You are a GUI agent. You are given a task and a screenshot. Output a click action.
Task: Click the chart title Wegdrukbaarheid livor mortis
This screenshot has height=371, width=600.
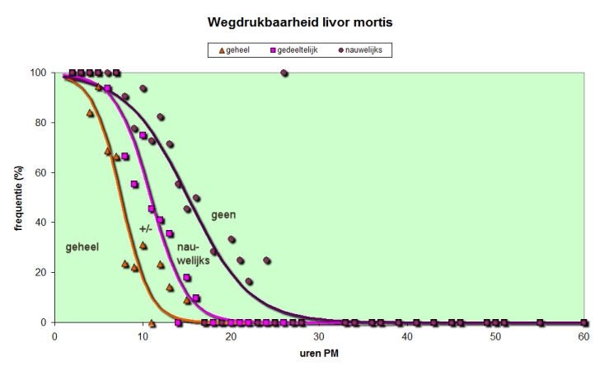pyautogui.click(x=299, y=22)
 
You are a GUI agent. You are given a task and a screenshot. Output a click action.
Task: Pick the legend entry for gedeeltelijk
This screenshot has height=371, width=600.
pyautogui.click(x=295, y=49)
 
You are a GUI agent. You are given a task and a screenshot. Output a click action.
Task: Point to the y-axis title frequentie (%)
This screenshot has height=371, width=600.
pyautogui.click(x=18, y=198)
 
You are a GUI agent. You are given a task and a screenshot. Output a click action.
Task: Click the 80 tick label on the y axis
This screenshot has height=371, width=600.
pyautogui.click(x=40, y=123)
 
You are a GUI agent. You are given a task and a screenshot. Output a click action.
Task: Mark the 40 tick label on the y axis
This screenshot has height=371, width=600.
pyautogui.click(x=40, y=223)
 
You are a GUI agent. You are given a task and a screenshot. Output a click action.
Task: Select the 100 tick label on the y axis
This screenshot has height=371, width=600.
pyautogui.click(x=37, y=73)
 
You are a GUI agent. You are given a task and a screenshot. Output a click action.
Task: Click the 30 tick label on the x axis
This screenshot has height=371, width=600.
pyautogui.click(x=319, y=336)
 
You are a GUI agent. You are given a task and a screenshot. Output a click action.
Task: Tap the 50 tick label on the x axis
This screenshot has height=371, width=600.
pyautogui.click(x=495, y=336)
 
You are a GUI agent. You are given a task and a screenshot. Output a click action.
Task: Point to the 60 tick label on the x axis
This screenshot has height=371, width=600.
pyautogui.click(x=584, y=336)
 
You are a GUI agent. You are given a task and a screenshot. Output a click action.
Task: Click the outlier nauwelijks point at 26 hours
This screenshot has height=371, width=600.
pyautogui.click(x=284, y=73)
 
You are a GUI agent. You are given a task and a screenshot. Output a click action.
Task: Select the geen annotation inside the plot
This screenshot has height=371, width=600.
pyautogui.click(x=223, y=215)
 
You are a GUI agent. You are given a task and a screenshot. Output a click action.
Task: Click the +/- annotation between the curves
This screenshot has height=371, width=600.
pyautogui.click(x=146, y=228)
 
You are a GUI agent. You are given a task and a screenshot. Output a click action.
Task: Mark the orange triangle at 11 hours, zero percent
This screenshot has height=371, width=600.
pyautogui.click(x=152, y=322)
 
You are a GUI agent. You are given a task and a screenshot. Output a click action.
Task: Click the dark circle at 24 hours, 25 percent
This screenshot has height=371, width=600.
pyautogui.click(x=267, y=261)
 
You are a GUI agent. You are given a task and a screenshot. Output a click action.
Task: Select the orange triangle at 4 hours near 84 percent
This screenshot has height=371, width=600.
pyautogui.click(x=90, y=113)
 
